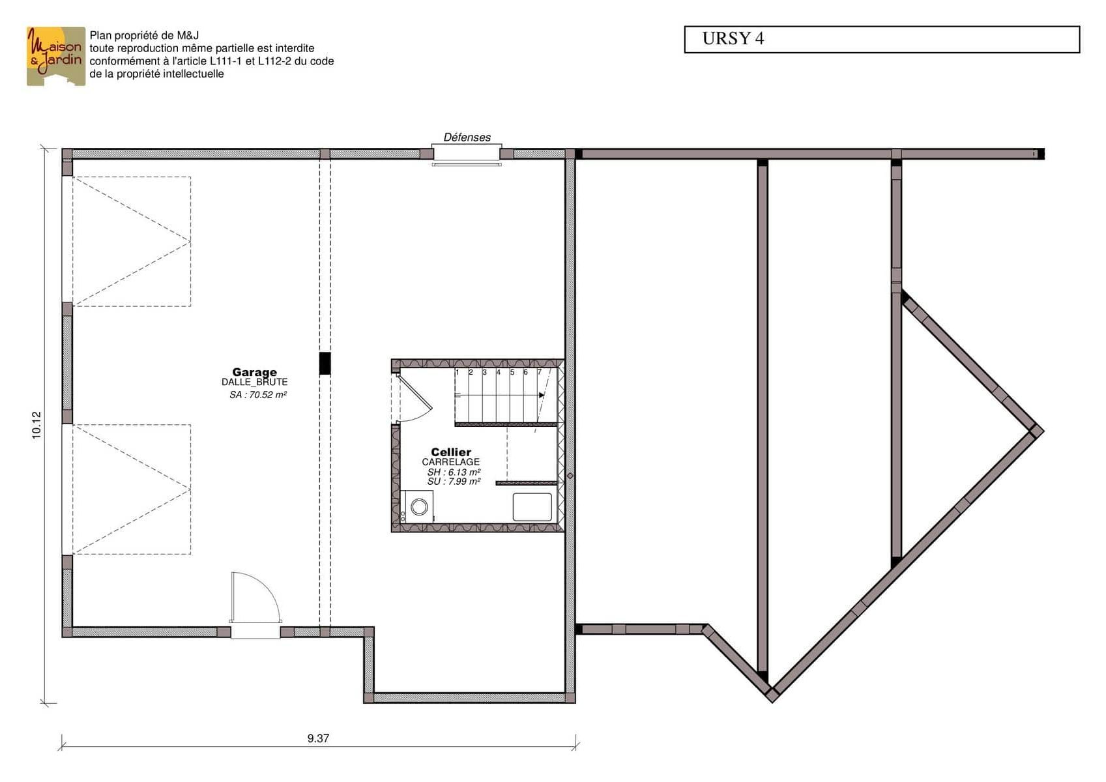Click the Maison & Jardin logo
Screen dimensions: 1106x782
tap(56, 56)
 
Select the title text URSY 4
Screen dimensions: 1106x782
tap(733, 39)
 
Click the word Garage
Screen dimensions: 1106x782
tap(254, 372)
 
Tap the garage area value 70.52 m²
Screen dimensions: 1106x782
tap(268, 395)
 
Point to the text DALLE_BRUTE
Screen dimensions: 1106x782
tap(254, 382)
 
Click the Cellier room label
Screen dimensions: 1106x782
tap(451, 452)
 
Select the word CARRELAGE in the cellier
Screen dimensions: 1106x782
tap(450, 462)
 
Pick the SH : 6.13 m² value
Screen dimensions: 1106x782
tap(454, 472)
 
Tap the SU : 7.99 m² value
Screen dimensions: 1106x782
tap(454, 482)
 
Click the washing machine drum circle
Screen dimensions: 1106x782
tap(419, 506)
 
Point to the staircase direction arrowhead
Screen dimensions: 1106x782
tap(542, 395)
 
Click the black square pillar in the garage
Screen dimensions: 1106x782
tap(325, 364)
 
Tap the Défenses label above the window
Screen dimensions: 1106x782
tap(467, 138)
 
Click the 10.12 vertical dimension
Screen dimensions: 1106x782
tap(37, 426)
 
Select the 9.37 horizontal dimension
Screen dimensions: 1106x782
tap(318, 738)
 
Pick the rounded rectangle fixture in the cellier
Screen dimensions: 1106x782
tap(532, 506)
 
